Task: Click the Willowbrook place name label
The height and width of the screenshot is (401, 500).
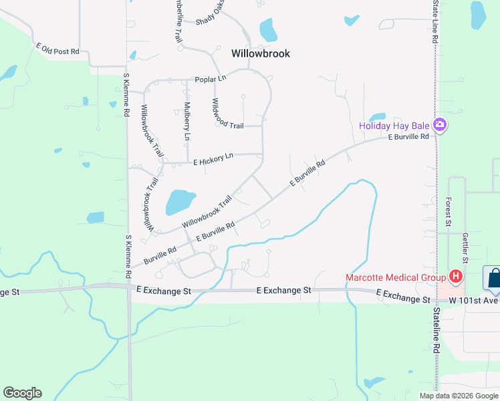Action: (x=261, y=53)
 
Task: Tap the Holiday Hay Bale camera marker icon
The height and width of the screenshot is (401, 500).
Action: (x=440, y=125)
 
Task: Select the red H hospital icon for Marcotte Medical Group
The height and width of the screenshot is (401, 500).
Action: (x=456, y=275)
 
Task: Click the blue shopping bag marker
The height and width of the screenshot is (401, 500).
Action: (x=493, y=278)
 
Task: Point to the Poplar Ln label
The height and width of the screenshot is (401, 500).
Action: (x=211, y=80)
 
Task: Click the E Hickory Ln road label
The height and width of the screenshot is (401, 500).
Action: (x=213, y=158)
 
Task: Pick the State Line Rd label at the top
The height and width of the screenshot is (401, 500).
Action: (x=434, y=22)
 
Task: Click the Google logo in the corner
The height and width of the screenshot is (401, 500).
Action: (x=22, y=393)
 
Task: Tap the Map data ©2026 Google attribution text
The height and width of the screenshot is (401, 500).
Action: (x=458, y=396)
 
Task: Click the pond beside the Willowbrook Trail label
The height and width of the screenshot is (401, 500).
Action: (x=179, y=201)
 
